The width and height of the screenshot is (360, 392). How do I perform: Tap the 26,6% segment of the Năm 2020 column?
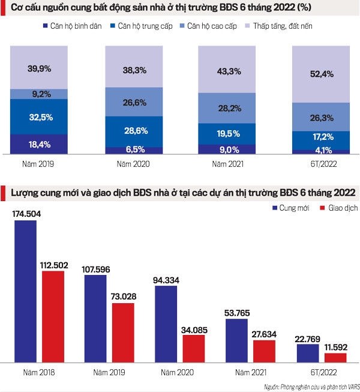(134, 102)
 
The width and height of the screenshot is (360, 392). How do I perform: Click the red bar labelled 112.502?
(53, 316)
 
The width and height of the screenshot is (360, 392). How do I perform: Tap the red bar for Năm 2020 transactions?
(194, 348)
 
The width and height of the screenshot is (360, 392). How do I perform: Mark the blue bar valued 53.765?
(236, 340)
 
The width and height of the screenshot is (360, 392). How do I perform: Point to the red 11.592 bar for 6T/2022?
(335, 357)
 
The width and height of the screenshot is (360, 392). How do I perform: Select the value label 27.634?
(264, 334)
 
